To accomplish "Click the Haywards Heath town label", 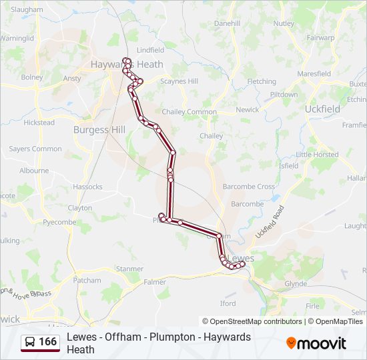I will (127, 65).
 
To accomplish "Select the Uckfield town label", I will (322, 109).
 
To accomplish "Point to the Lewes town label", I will (242, 258).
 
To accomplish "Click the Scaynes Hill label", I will (179, 81).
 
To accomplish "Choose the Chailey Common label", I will (190, 112).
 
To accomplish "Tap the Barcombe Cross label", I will (249, 187).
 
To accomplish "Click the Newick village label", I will (247, 109).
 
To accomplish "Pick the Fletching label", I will (262, 81).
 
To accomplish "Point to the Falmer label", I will (155, 282).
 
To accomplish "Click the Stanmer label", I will (129, 269).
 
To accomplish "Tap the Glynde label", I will (295, 283).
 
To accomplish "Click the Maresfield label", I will (314, 73).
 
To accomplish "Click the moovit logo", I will (316, 343).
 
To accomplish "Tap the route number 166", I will (47, 342).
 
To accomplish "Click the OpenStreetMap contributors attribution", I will (252, 321).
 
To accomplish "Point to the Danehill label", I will (227, 23).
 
